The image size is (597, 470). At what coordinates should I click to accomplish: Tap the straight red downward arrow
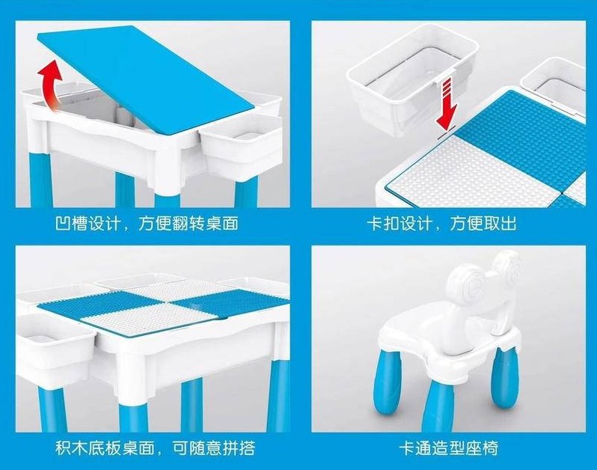(x=447, y=103)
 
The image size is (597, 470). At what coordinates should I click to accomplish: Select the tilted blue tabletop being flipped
(x=146, y=77)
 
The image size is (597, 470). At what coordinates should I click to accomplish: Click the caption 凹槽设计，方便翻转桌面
(x=147, y=223)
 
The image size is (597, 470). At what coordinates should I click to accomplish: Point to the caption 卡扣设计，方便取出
(x=441, y=223)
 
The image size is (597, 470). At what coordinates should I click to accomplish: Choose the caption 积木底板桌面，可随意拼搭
(x=155, y=448)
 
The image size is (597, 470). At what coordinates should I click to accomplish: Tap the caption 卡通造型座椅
(x=449, y=448)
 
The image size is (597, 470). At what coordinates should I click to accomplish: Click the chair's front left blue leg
(x=388, y=382)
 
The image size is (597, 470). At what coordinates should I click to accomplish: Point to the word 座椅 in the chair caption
(x=482, y=448)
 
